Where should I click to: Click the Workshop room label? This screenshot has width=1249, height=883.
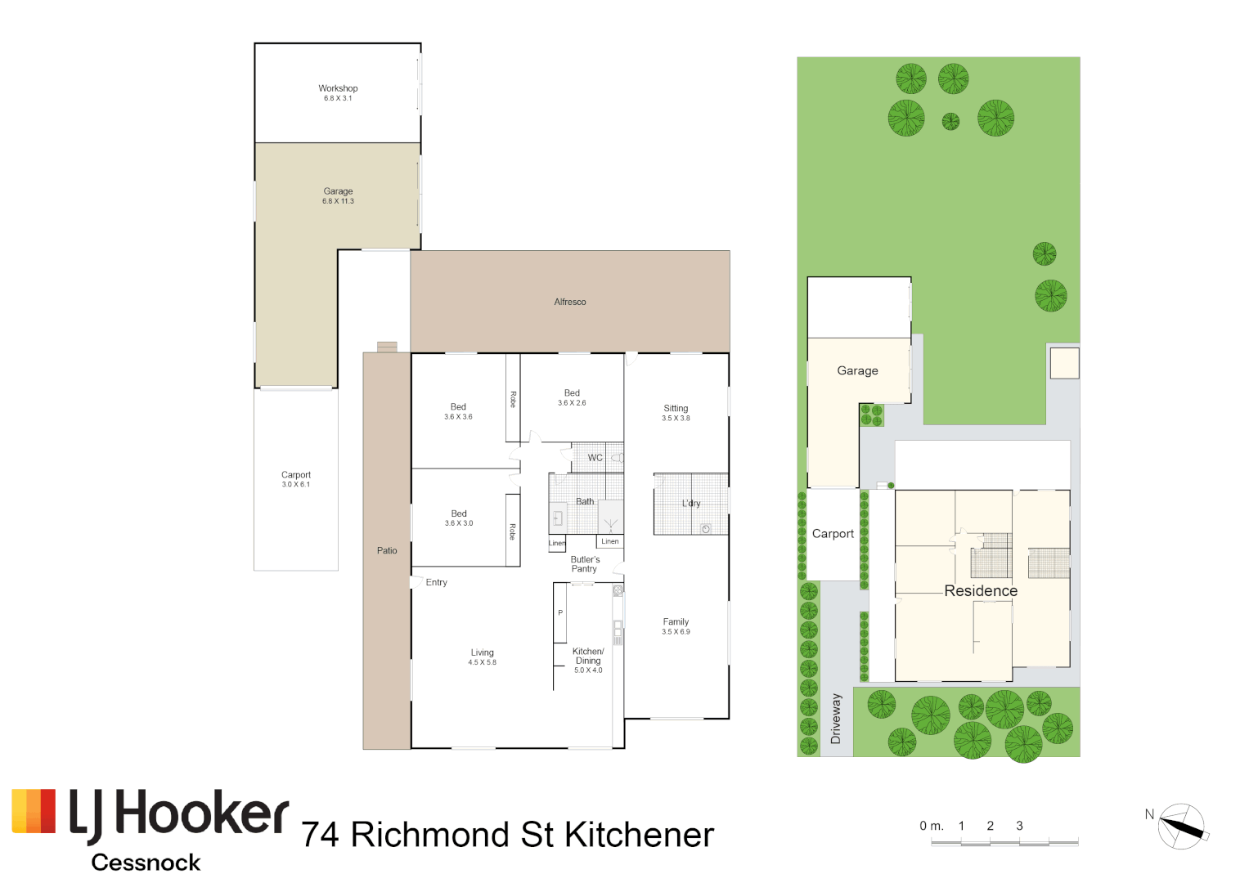point(338,88)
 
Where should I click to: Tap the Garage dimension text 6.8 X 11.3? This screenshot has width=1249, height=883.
point(338,201)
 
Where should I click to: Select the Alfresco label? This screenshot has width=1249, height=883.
point(570,302)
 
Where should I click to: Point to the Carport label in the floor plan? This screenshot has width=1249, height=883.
point(296,475)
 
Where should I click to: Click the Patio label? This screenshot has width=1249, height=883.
point(387,551)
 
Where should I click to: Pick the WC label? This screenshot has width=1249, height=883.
point(595,458)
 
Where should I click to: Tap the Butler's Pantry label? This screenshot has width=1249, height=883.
point(585,564)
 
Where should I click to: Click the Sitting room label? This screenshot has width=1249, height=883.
point(676,408)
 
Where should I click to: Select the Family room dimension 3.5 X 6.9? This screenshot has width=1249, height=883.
point(676,632)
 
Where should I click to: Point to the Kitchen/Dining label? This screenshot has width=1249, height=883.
point(588,656)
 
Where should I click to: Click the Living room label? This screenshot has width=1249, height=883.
point(482,652)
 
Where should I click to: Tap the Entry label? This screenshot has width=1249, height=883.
point(436,583)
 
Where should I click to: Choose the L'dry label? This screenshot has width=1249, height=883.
point(691,504)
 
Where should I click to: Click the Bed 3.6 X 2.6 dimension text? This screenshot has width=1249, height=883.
point(572,403)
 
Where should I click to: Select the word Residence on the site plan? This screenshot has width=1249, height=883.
point(981,591)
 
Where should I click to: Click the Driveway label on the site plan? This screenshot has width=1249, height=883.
point(836,719)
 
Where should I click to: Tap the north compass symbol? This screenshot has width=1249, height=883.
point(1182,827)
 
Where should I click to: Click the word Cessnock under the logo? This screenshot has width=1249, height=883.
point(146,863)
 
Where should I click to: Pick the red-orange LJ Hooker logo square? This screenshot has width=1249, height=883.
point(34,811)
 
